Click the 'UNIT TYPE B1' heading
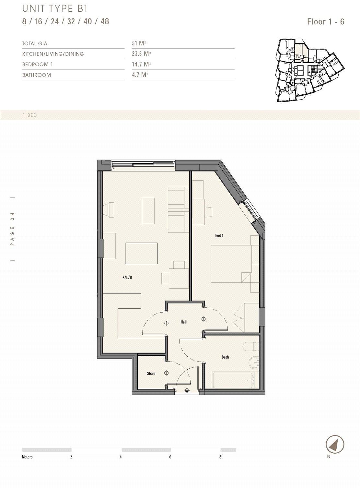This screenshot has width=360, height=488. (x=55, y=8)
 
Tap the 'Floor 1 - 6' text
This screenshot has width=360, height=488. (x=325, y=22)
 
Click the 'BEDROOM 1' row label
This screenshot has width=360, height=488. (x=37, y=64)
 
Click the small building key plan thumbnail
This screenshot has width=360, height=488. (x=309, y=70)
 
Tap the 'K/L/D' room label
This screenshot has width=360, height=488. (x=127, y=277)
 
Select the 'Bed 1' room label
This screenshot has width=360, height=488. (x=219, y=235)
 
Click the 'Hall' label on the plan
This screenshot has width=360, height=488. (x=184, y=322)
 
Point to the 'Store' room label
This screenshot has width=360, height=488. (x=151, y=374)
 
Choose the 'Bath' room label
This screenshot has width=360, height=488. (x=225, y=357)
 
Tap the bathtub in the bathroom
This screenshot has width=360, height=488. (x=233, y=380)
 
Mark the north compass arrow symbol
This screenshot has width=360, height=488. (x=335, y=444)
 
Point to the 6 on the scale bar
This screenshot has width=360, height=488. (x=170, y=457)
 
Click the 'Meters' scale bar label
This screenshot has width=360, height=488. (x=27, y=457)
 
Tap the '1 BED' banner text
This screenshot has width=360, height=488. (x=30, y=115)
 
